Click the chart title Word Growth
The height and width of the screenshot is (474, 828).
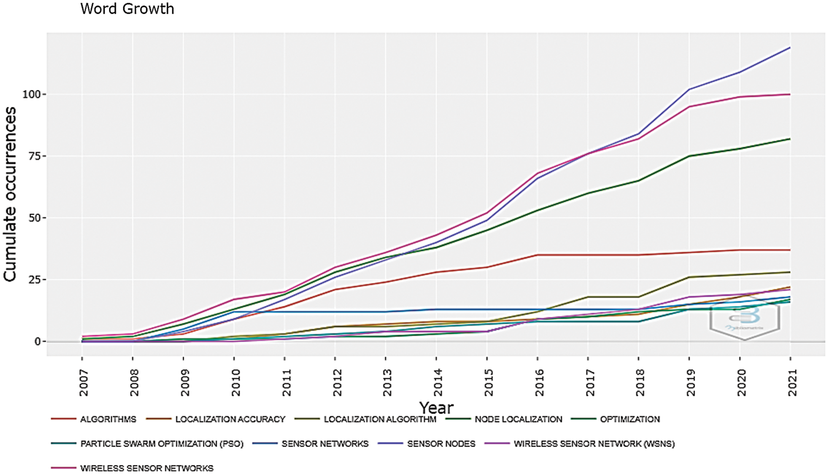127,9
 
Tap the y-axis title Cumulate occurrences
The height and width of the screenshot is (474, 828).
10,194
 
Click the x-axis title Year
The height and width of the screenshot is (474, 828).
436,407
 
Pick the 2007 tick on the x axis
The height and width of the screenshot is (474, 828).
83,383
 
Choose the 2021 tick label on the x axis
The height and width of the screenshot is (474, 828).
791,383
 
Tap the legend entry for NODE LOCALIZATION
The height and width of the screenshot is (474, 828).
518,420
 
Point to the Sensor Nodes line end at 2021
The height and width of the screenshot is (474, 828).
790,48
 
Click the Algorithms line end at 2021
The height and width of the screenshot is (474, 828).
790,250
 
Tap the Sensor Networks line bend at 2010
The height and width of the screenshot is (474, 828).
234,312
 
